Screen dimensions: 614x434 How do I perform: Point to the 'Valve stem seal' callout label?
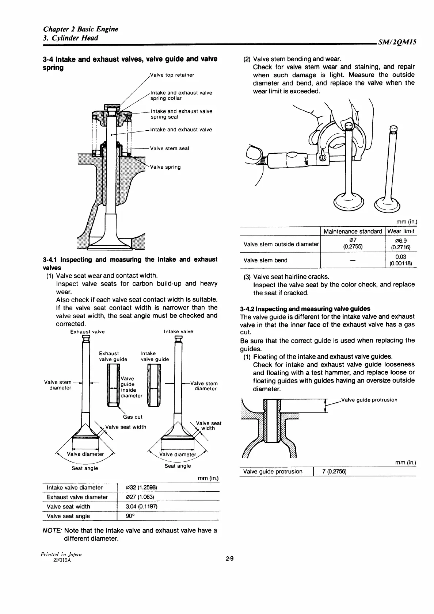(x=170, y=148)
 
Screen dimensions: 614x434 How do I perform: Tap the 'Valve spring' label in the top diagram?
(x=165, y=167)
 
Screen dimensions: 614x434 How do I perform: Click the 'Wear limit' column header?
(x=401, y=231)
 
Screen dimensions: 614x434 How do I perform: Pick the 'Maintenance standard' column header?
(x=353, y=231)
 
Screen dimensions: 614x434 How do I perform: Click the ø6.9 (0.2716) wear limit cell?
(x=401, y=244)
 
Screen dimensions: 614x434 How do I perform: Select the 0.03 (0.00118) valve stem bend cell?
(x=401, y=260)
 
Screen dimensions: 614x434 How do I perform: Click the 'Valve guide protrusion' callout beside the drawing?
(x=369, y=400)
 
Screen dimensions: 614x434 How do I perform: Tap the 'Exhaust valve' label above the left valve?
(x=87, y=332)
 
